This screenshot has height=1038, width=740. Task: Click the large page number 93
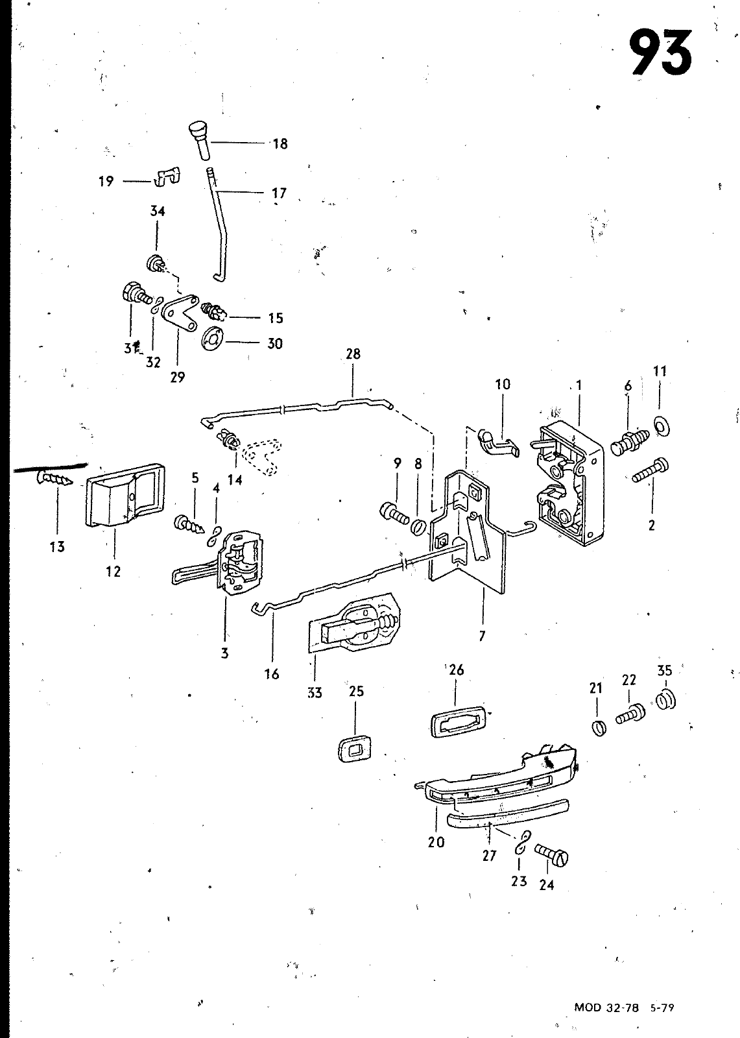[x=662, y=53]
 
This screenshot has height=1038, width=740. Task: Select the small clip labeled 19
[x=167, y=177]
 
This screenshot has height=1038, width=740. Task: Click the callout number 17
[x=279, y=192]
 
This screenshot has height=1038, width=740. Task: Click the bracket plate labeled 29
[x=180, y=313]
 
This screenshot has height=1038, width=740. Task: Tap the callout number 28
[x=353, y=354]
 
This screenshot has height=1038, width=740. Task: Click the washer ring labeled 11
[x=662, y=427]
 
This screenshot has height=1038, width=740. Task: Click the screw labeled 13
[x=54, y=477]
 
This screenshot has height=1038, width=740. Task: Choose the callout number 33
[x=315, y=693]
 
